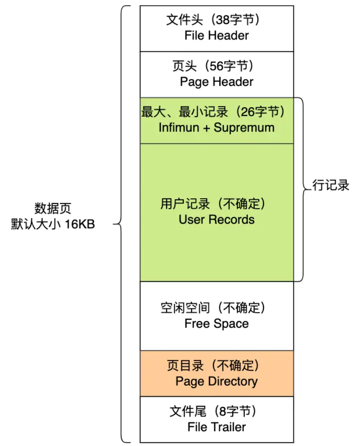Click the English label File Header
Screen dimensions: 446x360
(x=217, y=36)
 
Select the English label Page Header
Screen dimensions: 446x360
(x=217, y=82)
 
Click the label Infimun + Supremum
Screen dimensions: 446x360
(x=217, y=127)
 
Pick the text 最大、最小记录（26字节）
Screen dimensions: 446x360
(x=214, y=112)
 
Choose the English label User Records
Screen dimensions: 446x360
(x=217, y=219)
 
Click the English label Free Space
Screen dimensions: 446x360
(x=217, y=324)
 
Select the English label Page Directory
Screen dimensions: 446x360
(x=217, y=381)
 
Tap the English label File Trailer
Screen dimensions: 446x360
(x=217, y=427)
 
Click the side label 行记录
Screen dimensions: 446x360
(x=331, y=186)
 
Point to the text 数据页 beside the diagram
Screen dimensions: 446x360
(x=53, y=208)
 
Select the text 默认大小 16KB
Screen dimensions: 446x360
(x=53, y=224)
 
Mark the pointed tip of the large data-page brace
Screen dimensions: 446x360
(x=114, y=224)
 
